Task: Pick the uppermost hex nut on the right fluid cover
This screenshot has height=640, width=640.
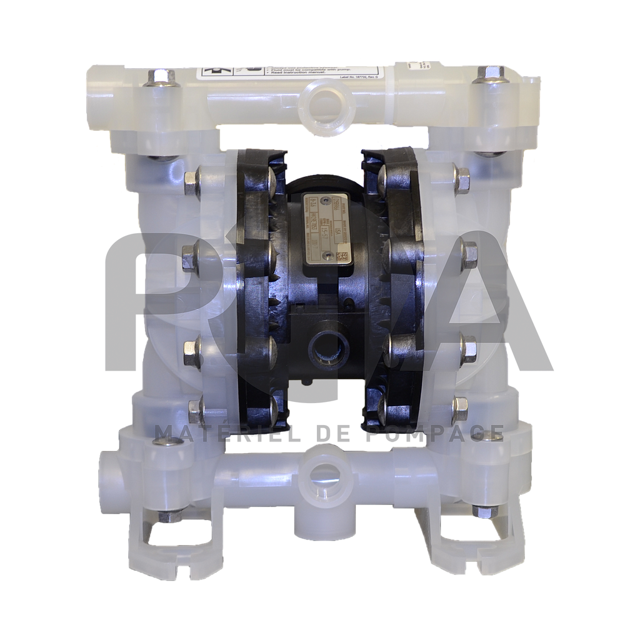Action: coord(461,180)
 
